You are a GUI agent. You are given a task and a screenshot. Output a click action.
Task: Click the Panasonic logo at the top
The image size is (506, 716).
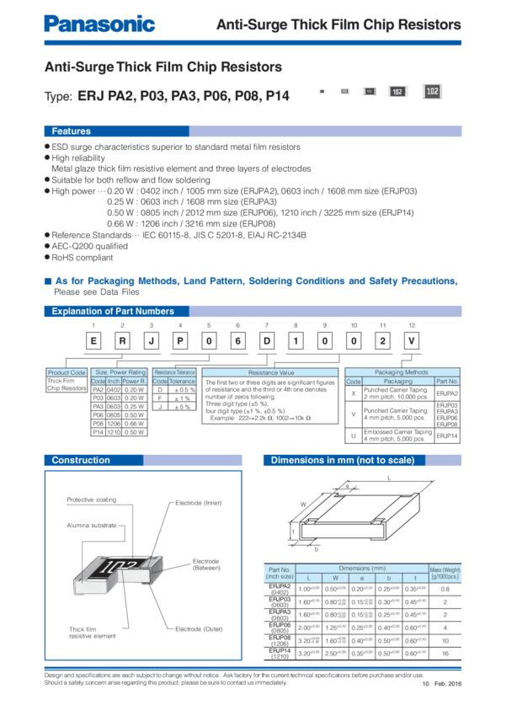[99, 24]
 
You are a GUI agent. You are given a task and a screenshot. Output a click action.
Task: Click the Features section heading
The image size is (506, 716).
[72, 131]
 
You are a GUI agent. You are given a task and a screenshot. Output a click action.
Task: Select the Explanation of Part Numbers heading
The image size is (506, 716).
[113, 312]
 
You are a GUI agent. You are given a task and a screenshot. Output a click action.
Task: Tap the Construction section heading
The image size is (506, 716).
[81, 460]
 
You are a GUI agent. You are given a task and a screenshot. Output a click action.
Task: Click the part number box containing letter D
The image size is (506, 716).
[266, 340]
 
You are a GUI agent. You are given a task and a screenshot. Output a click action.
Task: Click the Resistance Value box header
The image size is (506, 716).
[270, 371]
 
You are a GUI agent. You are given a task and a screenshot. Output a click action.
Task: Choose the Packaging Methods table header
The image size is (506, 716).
[401, 371]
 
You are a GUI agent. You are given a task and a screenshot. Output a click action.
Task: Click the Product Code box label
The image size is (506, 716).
[67, 371]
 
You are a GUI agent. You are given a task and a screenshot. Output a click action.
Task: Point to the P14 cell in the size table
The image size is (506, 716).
[98, 431]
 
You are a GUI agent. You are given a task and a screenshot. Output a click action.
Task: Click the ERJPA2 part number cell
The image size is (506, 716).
[447, 393]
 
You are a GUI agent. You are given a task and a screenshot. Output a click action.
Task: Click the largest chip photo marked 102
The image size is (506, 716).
[432, 91]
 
